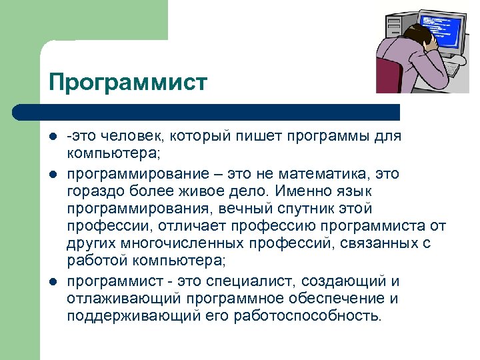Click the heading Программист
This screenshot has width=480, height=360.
pos(128,83)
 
